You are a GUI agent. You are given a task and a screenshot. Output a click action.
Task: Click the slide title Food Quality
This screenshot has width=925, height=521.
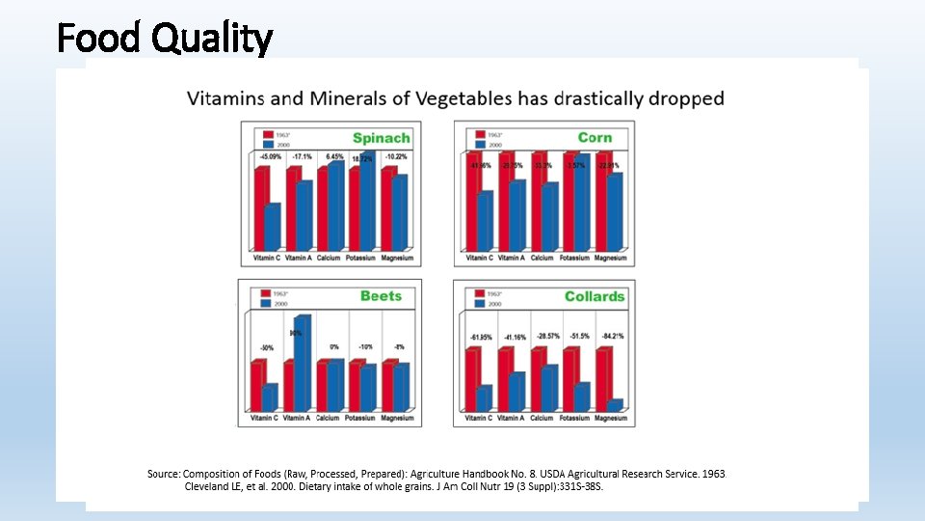point(165,39)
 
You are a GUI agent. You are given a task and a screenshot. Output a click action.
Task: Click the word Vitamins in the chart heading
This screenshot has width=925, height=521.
point(224,98)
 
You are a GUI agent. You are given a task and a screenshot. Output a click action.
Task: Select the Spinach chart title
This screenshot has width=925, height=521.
point(381,138)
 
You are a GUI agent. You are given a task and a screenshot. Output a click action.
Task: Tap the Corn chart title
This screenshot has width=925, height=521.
point(595,138)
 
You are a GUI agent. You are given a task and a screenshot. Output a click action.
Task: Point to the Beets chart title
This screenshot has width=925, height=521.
point(381,296)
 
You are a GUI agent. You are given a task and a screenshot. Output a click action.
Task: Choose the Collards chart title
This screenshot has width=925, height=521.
point(595,296)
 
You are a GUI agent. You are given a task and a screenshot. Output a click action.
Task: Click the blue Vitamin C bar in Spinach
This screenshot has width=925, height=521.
point(273,227)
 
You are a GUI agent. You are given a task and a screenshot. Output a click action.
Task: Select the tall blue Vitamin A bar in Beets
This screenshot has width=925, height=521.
point(303,363)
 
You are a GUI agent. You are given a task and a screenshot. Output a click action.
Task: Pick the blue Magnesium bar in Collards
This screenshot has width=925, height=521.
point(615,405)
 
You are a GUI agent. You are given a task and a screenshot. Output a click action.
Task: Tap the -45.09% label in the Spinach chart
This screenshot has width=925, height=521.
point(270,156)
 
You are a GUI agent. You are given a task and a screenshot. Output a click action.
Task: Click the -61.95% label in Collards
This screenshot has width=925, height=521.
point(480,338)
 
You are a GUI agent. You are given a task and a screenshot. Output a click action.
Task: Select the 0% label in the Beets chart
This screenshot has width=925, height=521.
point(334,346)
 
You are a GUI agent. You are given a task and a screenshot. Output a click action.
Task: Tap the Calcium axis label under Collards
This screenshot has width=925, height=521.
point(542,419)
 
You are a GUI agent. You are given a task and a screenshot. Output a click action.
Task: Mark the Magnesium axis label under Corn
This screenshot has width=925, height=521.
point(610,259)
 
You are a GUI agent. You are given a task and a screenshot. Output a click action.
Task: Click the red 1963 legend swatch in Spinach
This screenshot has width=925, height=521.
point(261,134)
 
